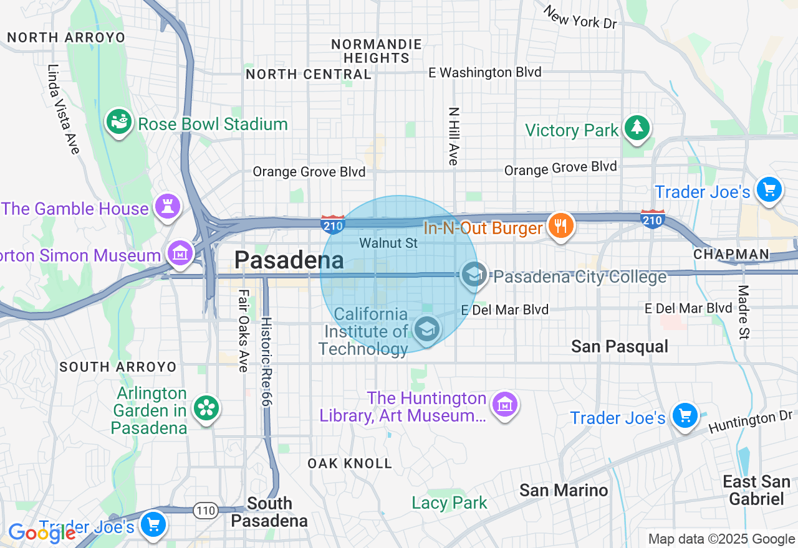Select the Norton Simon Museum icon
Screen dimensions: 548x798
(x=180, y=253)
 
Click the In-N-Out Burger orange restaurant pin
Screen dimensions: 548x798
(x=560, y=225)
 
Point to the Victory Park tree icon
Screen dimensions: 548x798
(x=637, y=128)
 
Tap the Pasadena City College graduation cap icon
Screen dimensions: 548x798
(x=474, y=274)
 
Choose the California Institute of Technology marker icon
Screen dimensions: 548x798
(x=426, y=329)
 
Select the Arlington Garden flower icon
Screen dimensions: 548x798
(x=204, y=409)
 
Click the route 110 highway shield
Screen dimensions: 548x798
(x=205, y=511)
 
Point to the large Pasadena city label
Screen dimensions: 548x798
(x=289, y=260)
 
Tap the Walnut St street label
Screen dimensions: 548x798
(x=388, y=243)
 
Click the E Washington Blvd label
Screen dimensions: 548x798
(x=484, y=73)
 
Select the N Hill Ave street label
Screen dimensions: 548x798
(x=453, y=136)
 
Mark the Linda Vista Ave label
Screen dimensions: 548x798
(x=64, y=109)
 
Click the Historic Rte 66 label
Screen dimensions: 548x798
(x=266, y=361)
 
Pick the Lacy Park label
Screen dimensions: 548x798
(x=449, y=503)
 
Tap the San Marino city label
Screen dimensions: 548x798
(x=564, y=490)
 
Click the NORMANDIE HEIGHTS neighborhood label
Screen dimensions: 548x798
(x=376, y=51)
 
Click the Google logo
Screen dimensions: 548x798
(x=41, y=534)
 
